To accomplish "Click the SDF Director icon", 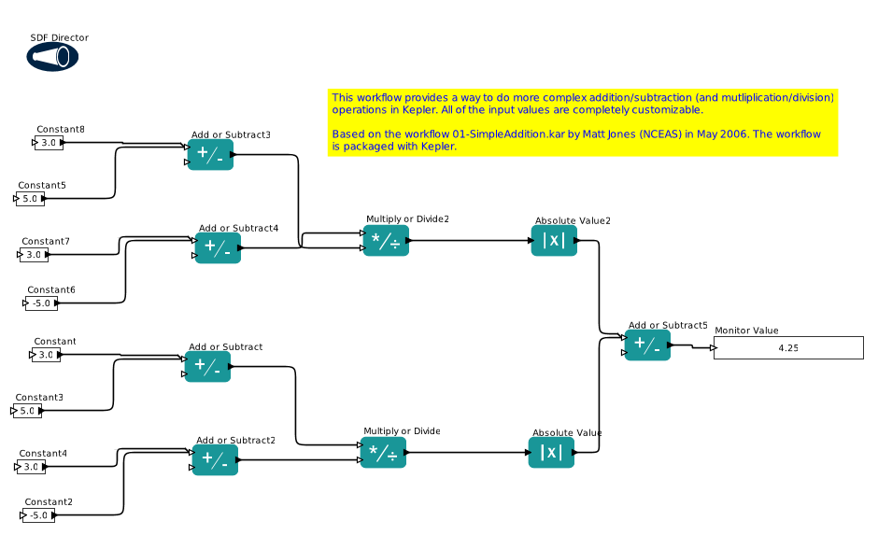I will coord(52,57).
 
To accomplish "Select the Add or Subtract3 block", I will coord(210,155).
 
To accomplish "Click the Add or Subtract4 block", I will coord(218,248).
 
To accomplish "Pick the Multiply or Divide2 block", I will coord(385,241).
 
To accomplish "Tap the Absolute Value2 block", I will coord(554,241).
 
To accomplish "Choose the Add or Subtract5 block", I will coord(647,345).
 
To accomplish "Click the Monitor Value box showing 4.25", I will coord(788,348).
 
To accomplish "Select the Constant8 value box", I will coord(48,143).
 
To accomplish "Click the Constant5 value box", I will coord(30,199).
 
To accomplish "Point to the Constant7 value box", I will coord(34,255).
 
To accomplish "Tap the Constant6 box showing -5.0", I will coord(41,303).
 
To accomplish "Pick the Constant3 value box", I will coord(27,411).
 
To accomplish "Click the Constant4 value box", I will coord(31,467).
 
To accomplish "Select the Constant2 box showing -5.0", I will coord(38,515).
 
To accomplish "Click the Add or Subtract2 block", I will coord(215,460).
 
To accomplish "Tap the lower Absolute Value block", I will coord(551,453).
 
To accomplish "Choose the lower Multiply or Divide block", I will coord(383,453).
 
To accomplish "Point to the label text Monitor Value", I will coord(746,331).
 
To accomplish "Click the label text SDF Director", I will coord(60,37).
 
